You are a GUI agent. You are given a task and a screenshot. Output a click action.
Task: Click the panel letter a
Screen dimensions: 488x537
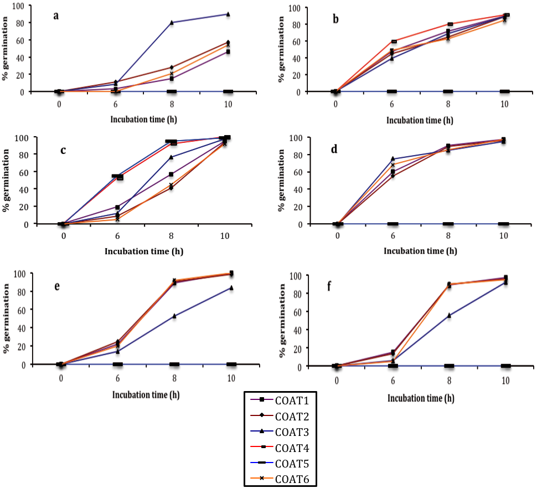(x=56, y=15)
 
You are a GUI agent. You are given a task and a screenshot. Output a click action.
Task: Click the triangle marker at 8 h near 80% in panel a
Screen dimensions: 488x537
(x=172, y=23)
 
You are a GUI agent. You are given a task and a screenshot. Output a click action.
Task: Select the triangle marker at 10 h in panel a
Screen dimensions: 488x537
(x=228, y=14)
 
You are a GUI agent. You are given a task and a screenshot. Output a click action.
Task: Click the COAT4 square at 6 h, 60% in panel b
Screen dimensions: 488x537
(x=394, y=42)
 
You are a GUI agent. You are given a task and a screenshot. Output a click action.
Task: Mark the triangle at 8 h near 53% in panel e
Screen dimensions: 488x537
(x=174, y=316)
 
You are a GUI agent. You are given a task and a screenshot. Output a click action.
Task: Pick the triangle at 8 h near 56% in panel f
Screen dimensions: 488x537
(x=449, y=315)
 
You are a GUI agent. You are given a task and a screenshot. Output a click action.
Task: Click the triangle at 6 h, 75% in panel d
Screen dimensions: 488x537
(x=393, y=159)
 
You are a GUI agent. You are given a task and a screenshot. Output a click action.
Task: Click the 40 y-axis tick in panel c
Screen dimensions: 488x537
(x=23, y=189)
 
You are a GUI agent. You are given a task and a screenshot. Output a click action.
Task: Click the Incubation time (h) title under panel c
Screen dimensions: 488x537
(x=144, y=251)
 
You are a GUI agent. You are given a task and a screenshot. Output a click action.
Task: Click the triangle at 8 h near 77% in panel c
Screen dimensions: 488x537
(x=172, y=157)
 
